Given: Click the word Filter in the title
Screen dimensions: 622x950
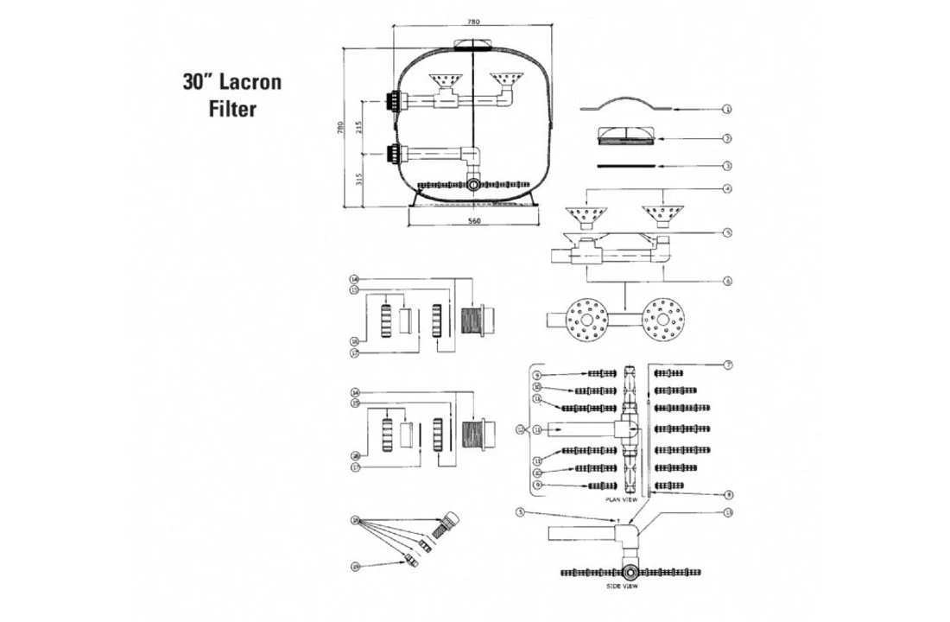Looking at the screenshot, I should pyautogui.click(x=232, y=111).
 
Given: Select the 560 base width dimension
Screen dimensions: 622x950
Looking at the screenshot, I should pyautogui.click(x=472, y=221).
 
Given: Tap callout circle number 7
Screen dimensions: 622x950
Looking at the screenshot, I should pyautogui.click(x=728, y=366).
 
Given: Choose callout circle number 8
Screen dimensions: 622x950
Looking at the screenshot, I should pyautogui.click(x=728, y=495).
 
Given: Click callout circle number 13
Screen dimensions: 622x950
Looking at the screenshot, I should pyautogui.click(x=728, y=512).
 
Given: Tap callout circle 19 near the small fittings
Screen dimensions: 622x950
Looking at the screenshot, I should pyautogui.click(x=355, y=566).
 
